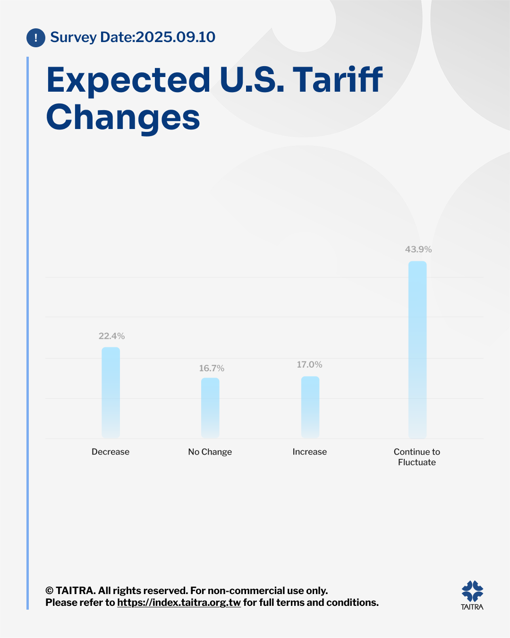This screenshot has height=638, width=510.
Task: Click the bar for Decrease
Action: click(111, 392)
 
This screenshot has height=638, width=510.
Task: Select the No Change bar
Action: click(210, 407)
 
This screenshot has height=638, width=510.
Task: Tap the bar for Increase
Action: click(310, 406)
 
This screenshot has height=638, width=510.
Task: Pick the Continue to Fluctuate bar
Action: click(417, 350)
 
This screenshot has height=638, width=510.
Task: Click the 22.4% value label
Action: click(111, 336)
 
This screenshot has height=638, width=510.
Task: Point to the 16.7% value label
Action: click(212, 368)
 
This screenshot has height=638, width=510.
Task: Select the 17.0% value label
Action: click(309, 364)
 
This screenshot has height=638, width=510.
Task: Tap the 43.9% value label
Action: click(418, 249)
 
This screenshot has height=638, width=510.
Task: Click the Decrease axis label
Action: click(110, 452)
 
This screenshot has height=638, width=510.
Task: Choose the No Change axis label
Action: click(210, 452)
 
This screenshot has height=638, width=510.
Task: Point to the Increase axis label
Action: click(310, 452)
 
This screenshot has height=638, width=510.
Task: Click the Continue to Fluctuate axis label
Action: click(417, 457)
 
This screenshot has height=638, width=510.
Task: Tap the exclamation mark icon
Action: click(36, 38)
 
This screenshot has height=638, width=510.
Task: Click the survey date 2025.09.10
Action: click(175, 37)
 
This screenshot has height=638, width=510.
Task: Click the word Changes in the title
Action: click(123, 117)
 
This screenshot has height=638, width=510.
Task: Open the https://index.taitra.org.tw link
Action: click(179, 603)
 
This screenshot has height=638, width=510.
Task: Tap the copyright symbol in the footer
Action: click(49, 591)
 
